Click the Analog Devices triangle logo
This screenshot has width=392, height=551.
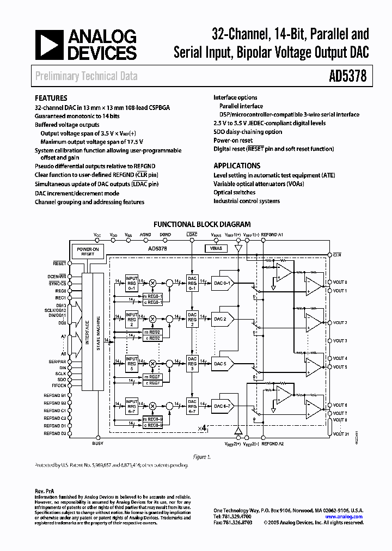coord(49,45)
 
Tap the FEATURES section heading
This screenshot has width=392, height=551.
coord(51,99)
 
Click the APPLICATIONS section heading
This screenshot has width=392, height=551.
coord(237,166)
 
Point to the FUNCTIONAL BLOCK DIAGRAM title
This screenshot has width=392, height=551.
coord(202,224)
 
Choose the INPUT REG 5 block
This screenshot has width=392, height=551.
coord(132,363)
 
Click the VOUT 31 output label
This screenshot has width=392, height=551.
coord(340,434)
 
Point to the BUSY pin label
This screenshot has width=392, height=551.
coord(98,444)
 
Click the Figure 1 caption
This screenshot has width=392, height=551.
coord(202,457)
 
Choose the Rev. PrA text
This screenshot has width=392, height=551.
coord(44,491)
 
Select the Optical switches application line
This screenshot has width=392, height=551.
coord(234,192)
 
